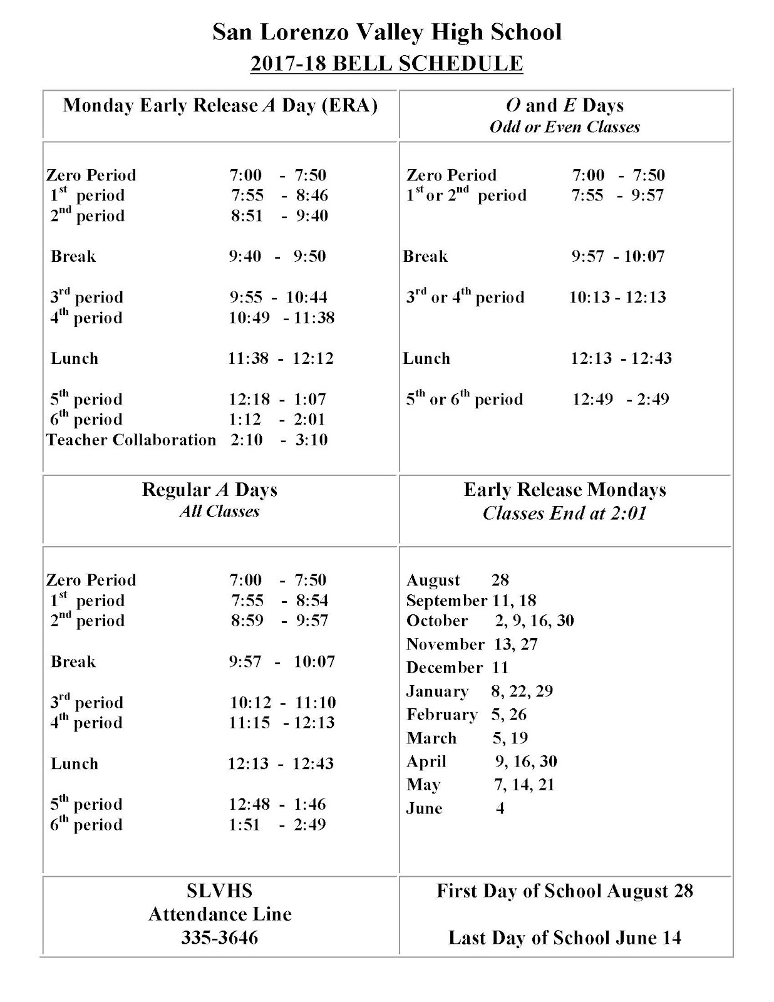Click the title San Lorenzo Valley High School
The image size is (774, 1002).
click(387, 32)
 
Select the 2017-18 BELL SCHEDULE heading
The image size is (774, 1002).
click(386, 64)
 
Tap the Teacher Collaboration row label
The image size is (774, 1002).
click(131, 440)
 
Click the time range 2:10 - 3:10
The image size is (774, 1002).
click(279, 440)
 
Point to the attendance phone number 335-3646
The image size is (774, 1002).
click(220, 937)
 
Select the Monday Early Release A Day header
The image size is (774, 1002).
click(220, 105)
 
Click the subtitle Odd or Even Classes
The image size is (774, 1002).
click(565, 127)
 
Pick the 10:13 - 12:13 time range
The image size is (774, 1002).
click(617, 297)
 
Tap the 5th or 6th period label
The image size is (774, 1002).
click(465, 399)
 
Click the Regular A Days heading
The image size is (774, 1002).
click(210, 490)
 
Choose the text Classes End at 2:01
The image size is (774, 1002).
click(565, 514)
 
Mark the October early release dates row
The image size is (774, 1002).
click(490, 621)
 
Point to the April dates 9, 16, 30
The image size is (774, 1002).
click(525, 762)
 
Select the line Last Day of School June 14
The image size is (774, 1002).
click(565, 937)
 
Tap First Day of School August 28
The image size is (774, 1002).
click(565, 891)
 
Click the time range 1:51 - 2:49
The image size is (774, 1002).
click(277, 825)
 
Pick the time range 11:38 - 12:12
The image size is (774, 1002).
click(281, 358)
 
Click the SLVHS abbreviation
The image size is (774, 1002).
click(219, 891)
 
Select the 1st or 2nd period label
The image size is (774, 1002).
click(467, 195)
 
